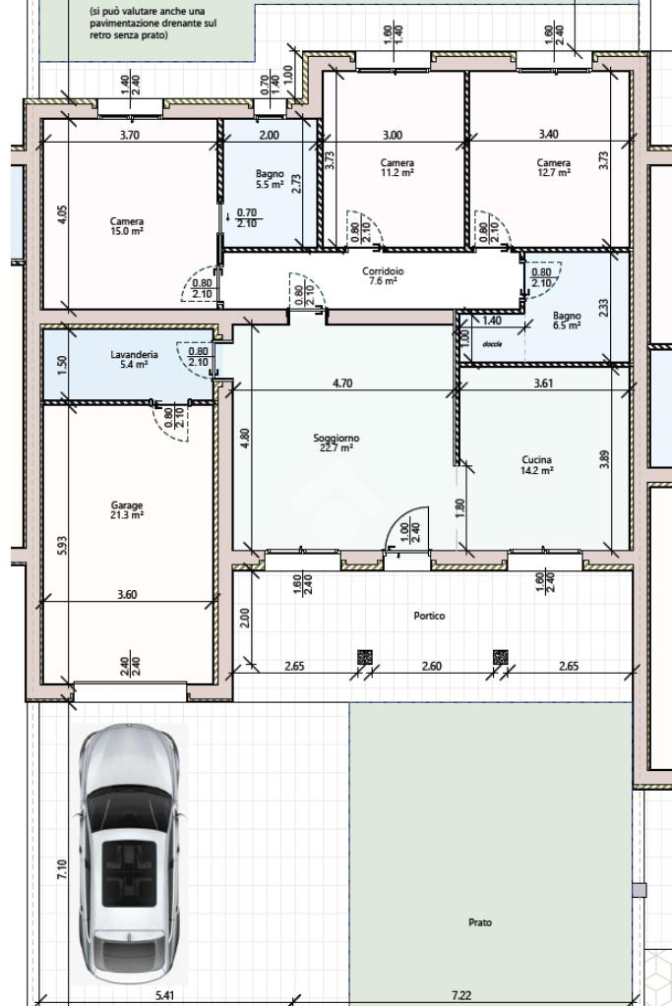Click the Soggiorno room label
click(336, 443)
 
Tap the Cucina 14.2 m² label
click(536, 464)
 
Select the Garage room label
click(127, 510)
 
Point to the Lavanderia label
click(134, 359)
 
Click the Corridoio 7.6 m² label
click(383, 275)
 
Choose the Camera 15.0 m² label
click(127, 226)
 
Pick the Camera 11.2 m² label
click(397, 167)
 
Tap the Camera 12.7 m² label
click(553, 167)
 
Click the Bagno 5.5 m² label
click(270, 179)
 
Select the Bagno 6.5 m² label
click(567, 321)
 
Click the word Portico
click(429, 616)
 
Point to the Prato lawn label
click(480, 922)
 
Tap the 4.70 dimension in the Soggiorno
click(342, 384)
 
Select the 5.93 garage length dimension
click(62, 546)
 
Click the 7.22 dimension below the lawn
click(460, 996)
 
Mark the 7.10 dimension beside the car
click(62, 870)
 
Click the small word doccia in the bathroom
click(492, 344)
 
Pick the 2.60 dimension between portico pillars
click(431, 666)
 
